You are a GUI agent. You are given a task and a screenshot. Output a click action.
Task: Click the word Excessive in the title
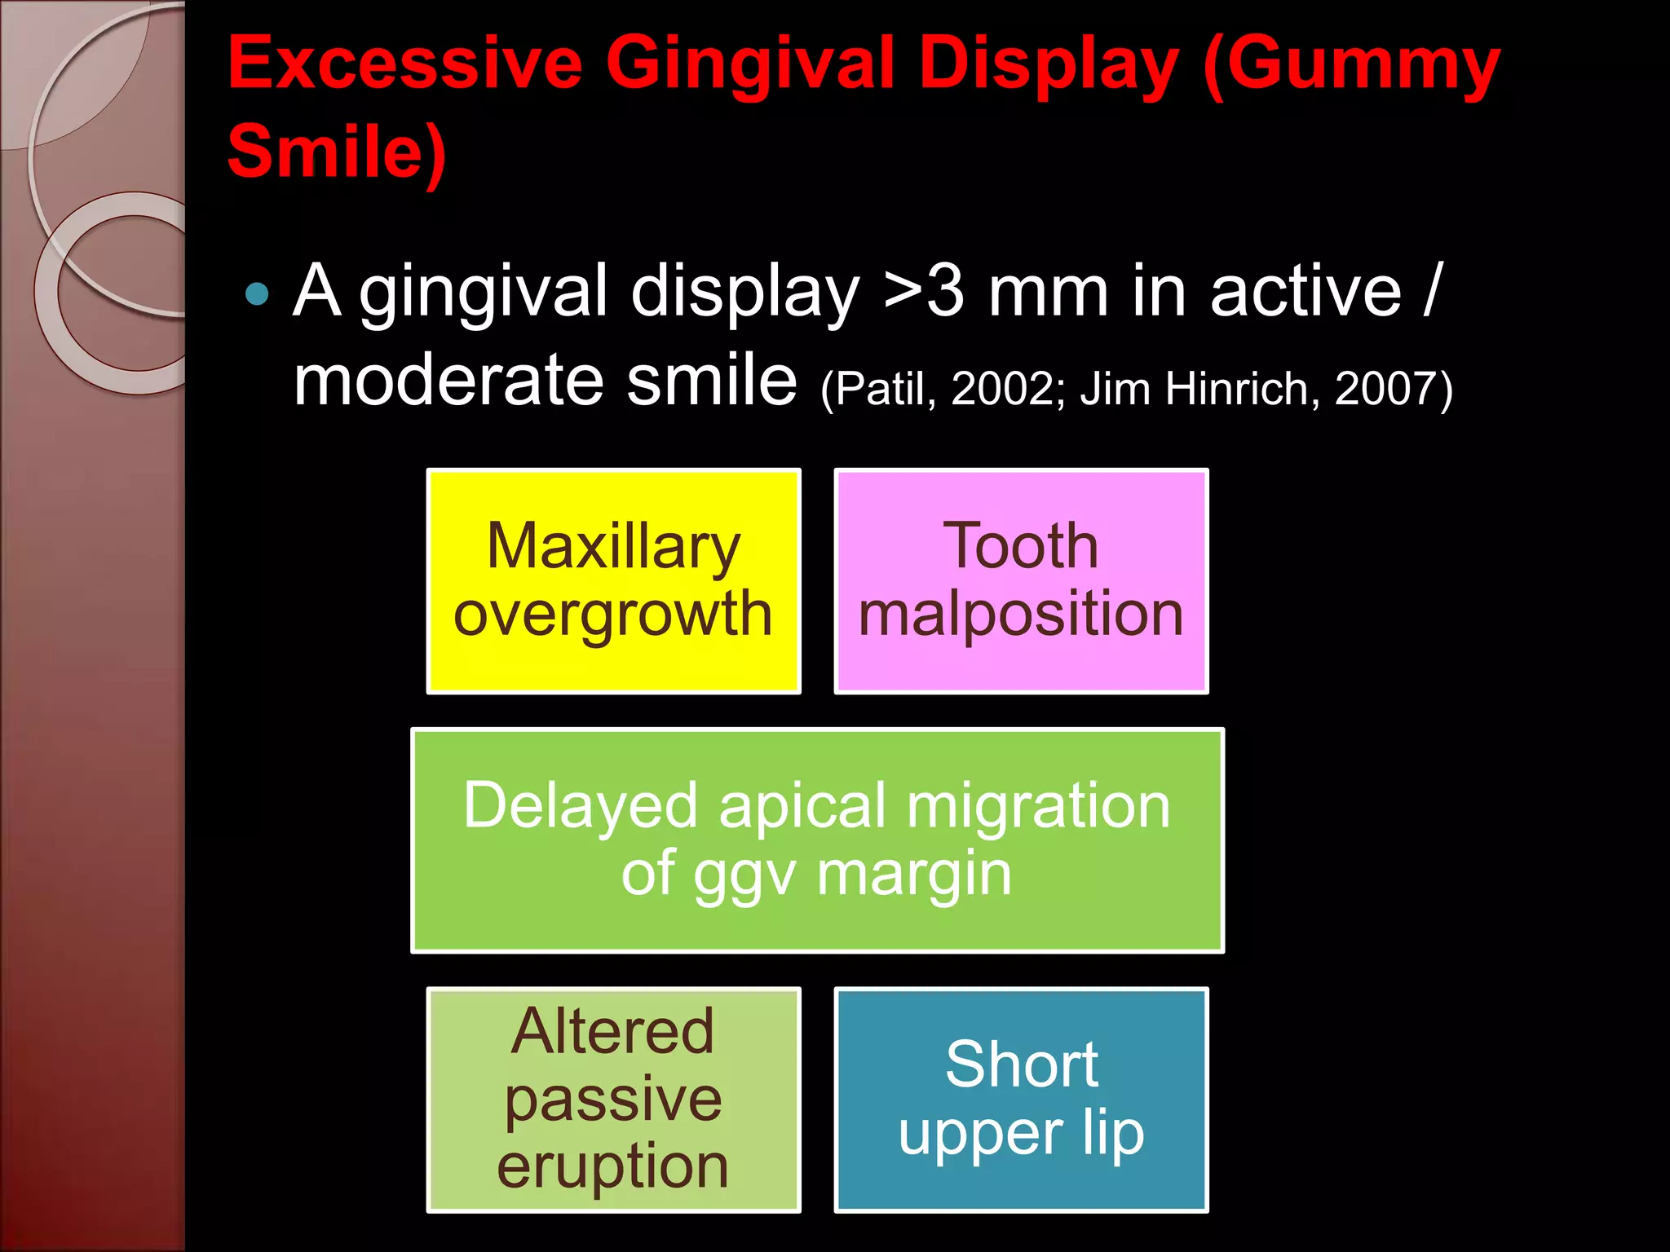[405, 64]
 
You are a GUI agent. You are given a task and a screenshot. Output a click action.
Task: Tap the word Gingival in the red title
[750, 64]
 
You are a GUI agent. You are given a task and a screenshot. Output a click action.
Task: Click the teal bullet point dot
[257, 293]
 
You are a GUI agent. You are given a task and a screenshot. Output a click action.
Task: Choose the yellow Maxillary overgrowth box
[613, 580]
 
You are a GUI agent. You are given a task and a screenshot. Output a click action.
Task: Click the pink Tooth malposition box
[1021, 580]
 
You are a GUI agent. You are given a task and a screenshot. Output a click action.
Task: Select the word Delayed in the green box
[580, 805]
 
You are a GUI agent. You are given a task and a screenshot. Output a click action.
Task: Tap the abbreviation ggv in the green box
[745, 875]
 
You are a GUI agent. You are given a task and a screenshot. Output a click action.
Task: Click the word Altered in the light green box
[613, 1031]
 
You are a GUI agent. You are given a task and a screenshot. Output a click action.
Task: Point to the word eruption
[613, 1166]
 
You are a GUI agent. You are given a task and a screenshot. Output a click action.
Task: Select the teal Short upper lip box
[1021, 1100]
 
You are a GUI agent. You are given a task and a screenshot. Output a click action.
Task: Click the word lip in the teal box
[1113, 1133]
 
